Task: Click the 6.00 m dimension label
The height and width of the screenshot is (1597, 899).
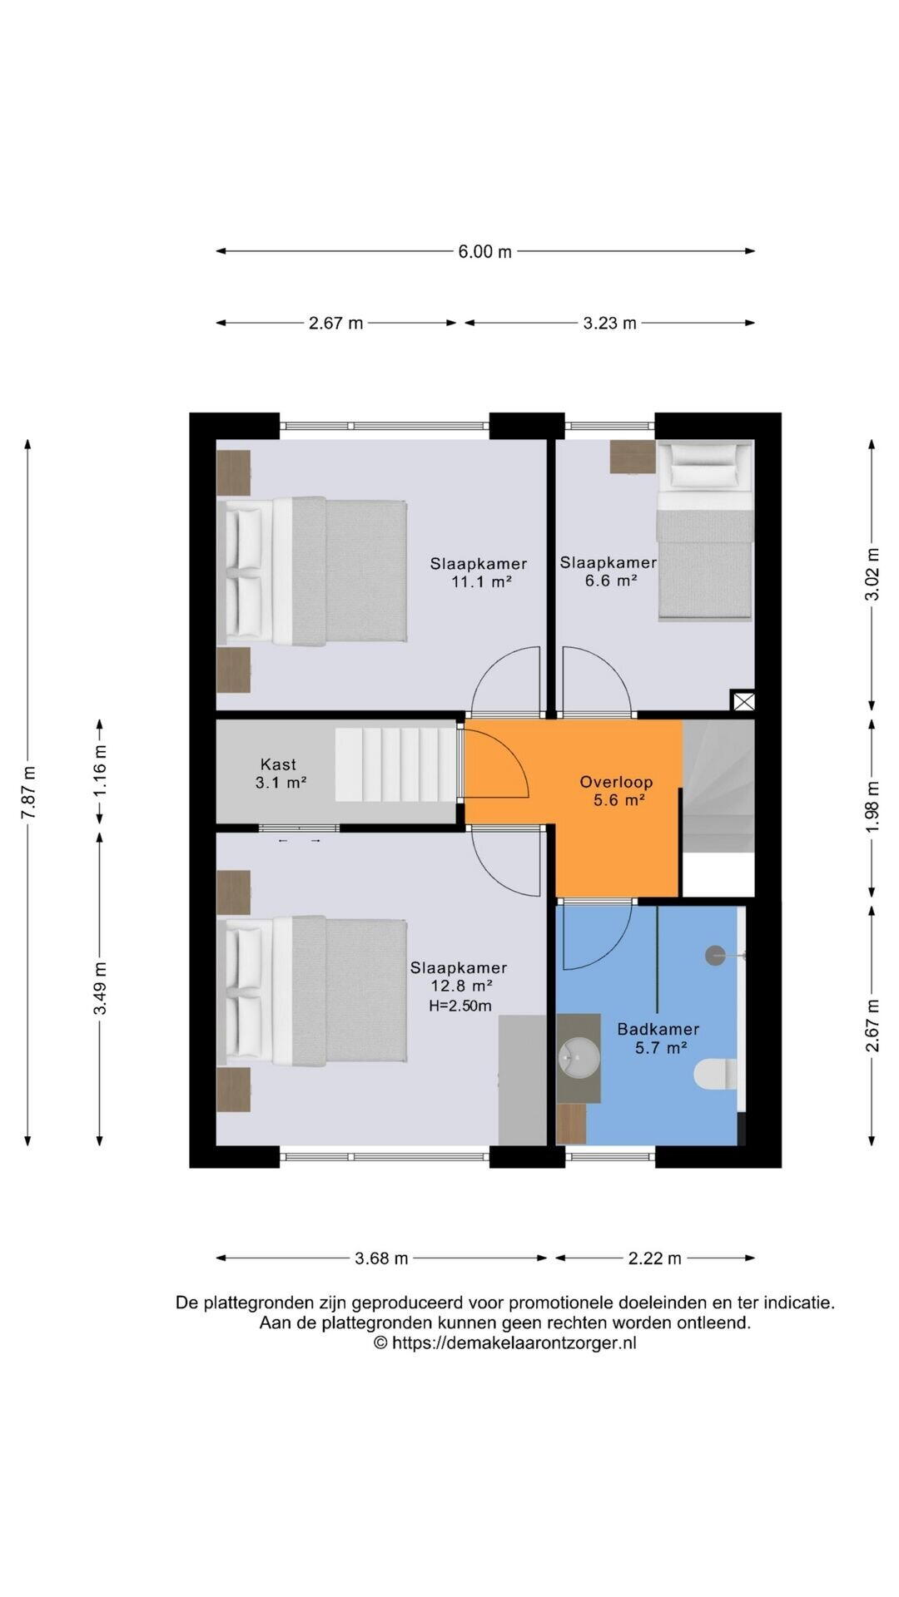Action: pos(484,251)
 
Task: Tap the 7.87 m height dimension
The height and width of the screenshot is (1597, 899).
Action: pos(28,793)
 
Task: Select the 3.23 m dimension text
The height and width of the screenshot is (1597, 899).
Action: pos(609,323)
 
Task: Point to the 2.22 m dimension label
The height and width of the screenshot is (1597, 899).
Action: pos(655,1258)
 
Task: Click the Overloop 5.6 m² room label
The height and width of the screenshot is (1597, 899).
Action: pos(616,791)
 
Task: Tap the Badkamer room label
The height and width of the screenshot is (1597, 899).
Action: pos(658,1029)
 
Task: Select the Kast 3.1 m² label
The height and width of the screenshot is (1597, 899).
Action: pos(279,773)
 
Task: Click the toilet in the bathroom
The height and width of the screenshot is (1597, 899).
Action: pos(715,1073)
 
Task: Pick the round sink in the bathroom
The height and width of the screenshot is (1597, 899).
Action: pos(579,1057)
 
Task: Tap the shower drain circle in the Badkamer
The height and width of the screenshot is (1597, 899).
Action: pos(715,956)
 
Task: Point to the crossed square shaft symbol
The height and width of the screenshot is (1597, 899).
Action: pos(743,700)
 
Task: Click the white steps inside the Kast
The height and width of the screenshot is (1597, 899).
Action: pos(397,764)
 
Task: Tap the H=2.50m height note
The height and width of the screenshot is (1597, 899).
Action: pos(459,1006)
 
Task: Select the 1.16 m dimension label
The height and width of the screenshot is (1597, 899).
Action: pos(100,771)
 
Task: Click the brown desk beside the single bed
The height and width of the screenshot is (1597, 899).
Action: pos(633,457)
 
